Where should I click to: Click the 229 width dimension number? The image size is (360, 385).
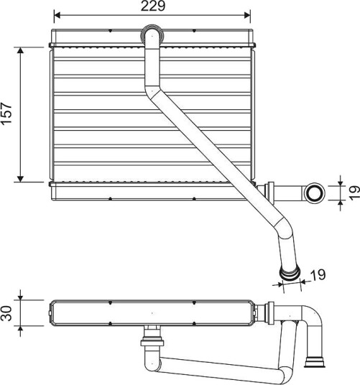(x=153, y=6)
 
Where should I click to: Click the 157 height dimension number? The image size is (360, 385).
(x=6, y=113)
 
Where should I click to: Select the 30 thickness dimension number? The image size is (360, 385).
(x=6, y=313)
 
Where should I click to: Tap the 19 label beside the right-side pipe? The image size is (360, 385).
(x=354, y=193)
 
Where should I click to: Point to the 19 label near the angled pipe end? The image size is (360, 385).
(x=318, y=275)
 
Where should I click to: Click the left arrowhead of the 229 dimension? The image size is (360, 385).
(x=57, y=15)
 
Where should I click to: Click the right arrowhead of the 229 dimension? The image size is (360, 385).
(x=247, y=15)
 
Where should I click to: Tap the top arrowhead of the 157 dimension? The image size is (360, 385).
(x=20, y=50)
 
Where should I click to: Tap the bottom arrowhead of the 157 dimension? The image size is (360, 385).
(x=20, y=179)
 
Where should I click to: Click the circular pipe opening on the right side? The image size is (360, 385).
(x=314, y=193)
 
